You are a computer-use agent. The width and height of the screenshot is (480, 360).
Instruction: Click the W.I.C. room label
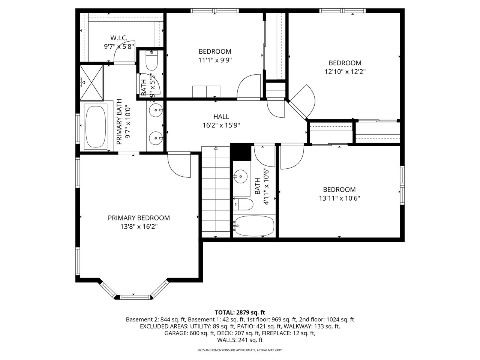119,38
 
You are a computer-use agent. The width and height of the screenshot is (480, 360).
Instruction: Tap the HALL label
221,117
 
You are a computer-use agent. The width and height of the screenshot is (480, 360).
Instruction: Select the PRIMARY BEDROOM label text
139,218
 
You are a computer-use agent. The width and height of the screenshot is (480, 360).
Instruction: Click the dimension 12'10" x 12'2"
345,72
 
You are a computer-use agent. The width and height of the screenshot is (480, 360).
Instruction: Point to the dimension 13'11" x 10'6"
339,198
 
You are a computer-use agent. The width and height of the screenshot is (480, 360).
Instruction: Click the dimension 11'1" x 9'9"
215,60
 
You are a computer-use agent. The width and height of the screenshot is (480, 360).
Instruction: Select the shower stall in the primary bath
91,82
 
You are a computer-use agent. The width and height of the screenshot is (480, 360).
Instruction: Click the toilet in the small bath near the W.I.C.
151,61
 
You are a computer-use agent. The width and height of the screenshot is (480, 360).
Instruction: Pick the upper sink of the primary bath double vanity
156,110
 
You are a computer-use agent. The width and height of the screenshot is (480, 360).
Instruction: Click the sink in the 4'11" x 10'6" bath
240,175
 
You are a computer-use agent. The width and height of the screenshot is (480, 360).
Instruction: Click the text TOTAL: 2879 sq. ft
240,312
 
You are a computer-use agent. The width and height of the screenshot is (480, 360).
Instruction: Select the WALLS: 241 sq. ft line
240,340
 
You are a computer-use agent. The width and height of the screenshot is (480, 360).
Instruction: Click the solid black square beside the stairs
240,152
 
